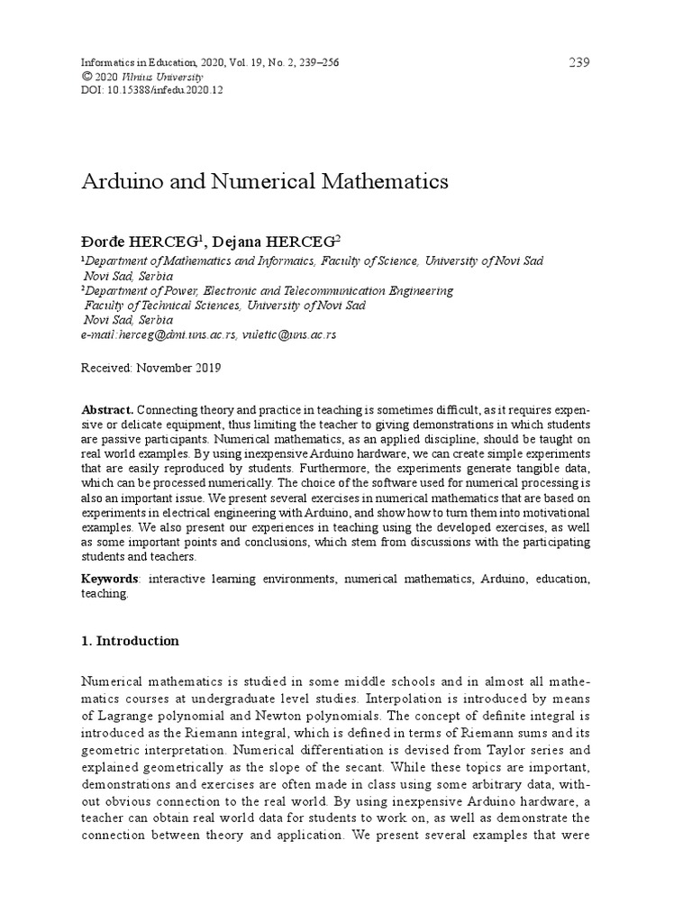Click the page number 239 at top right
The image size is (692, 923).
pos(578,62)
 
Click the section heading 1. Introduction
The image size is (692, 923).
pos(130,642)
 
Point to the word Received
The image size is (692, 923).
pos(105,368)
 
